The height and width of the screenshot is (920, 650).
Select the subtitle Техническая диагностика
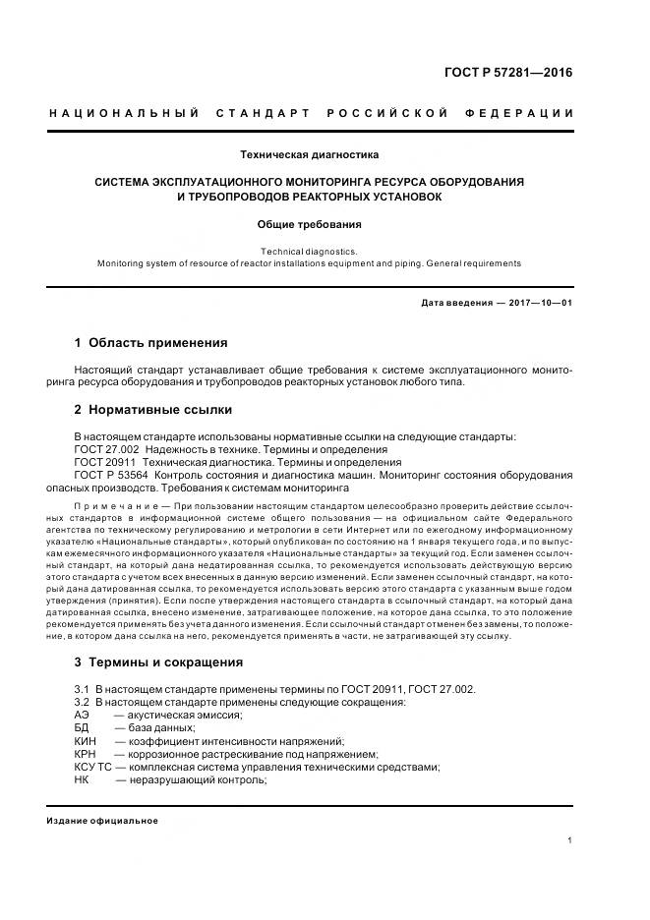click(310, 154)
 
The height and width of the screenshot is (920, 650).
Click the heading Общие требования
click(310, 224)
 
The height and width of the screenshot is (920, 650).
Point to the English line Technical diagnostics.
click(309, 252)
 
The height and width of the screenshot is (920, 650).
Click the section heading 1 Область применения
click(150, 343)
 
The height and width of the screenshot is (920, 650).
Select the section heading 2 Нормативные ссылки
click(153, 410)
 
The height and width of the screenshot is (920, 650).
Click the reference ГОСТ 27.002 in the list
click(105, 448)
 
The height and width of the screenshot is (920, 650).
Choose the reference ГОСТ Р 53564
click(112, 475)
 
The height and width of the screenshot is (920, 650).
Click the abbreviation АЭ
click(82, 715)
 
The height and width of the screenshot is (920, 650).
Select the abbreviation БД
click(82, 727)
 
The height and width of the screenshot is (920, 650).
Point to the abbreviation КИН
click(85, 740)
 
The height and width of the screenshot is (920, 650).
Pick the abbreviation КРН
click(85, 754)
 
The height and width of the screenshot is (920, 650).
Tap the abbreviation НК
click(82, 779)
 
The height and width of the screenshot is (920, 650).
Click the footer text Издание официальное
click(102, 820)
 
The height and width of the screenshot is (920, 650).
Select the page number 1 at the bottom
click(570, 839)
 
